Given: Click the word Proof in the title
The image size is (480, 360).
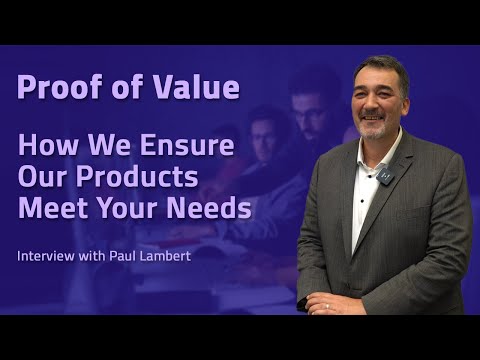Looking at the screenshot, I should [x=53, y=88].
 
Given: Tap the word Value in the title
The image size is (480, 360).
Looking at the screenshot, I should [x=198, y=88].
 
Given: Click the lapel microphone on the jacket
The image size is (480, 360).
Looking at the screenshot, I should [x=387, y=176].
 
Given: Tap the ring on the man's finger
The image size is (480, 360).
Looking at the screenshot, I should [x=327, y=307].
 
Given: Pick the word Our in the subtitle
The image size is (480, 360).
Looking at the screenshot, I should [x=41, y=178].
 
